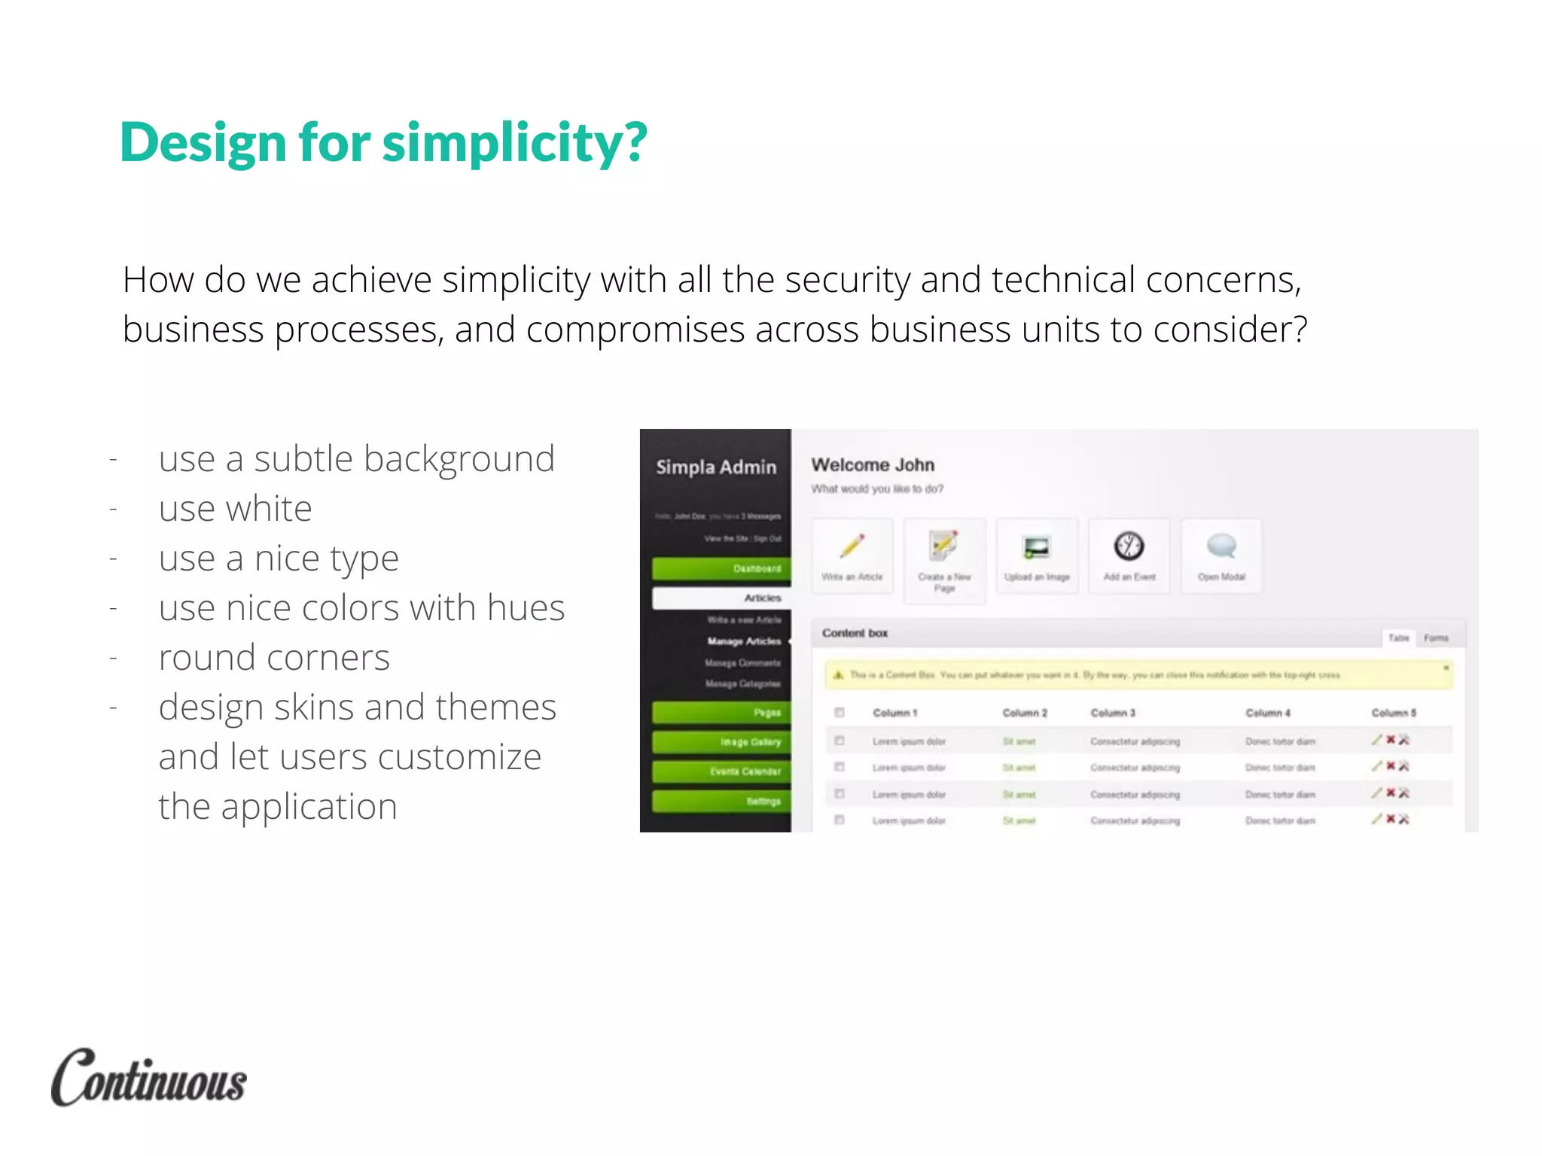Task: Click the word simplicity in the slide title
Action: (514, 143)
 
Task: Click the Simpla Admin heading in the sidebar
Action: (715, 467)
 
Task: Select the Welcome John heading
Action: (873, 465)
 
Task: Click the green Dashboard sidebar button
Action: (721, 568)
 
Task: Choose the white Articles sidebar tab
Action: (721, 598)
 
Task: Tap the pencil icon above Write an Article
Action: (852, 546)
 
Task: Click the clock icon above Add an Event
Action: (1129, 546)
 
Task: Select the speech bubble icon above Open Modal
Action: (1221, 546)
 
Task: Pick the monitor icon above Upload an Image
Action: (1037, 547)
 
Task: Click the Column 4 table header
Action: (1268, 713)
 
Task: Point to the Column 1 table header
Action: (894, 713)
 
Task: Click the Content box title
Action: (855, 633)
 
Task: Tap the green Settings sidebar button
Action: (721, 801)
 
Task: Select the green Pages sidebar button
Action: (721, 712)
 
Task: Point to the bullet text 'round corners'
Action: (274, 658)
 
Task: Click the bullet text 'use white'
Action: (235, 509)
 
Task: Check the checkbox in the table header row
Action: (840, 712)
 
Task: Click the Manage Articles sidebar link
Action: (744, 641)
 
